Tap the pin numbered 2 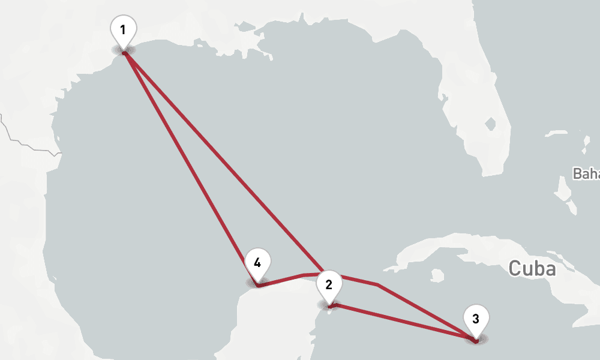click(x=329, y=285)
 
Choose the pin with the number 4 click(x=257, y=263)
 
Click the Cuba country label click(x=532, y=268)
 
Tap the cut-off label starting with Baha click(x=586, y=174)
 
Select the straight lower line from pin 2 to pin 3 click(x=402, y=323)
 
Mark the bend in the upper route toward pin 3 click(x=377, y=284)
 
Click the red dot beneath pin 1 click(x=124, y=53)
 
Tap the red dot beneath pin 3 click(x=476, y=340)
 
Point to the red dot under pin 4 click(x=257, y=286)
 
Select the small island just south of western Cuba click(x=437, y=275)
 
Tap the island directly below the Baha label click(x=564, y=192)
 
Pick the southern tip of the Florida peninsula click(x=489, y=174)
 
